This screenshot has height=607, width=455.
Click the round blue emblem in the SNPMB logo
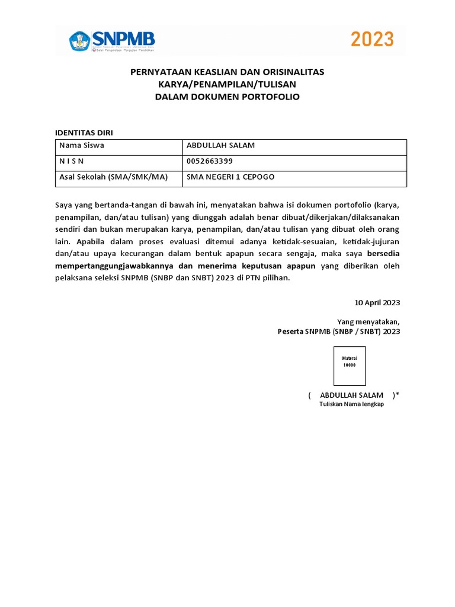pyautogui.click(x=79, y=41)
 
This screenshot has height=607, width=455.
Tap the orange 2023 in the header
pyautogui.click(x=372, y=40)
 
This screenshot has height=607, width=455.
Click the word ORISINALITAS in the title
pyautogui.click(x=291, y=72)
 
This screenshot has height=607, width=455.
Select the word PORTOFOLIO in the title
pyautogui.click(x=271, y=97)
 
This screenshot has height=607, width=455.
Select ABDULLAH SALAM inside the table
pyautogui.click(x=220, y=146)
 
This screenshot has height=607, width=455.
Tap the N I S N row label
pyautogui.click(x=72, y=161)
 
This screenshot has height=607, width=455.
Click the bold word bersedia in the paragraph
pyautogui.click(x=379, y=254)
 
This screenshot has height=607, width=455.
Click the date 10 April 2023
pyautogui.click(x=377, y=302)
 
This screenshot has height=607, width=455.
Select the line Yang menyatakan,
pyautogui.click(x=369, y=322)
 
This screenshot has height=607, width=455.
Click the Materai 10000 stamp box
pyautogui.click(x=350, y=366)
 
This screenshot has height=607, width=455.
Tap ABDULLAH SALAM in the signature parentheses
pyautogui.click(x=351, y=395)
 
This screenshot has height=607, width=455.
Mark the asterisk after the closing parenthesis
pyautogui.click(x=398, y=394)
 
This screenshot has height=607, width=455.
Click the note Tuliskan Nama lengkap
pyautogui.click(x=351, y=404)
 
